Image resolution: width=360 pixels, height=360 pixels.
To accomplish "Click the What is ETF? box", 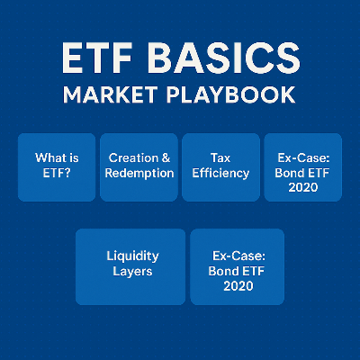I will point(56,166).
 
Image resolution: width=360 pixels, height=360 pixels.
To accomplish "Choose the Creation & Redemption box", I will point(139,166).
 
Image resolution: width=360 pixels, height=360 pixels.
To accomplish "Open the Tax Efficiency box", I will point(220,166).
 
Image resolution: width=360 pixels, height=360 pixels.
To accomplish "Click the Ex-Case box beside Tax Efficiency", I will point(302,166).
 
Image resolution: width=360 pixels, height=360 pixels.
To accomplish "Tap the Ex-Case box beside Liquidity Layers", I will point(238,265).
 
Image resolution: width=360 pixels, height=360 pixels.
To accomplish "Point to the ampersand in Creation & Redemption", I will point(166,157).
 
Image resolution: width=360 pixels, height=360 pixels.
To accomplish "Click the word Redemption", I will point(139,173).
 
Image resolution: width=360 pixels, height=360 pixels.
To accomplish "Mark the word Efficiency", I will point(220,173).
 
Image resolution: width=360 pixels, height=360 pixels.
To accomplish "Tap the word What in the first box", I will point(49,157).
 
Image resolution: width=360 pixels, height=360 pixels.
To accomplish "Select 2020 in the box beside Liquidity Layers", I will point(238,286).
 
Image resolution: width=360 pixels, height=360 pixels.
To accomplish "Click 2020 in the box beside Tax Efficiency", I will point(302,188).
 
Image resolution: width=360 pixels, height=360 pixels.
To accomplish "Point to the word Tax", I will point(220,157).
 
